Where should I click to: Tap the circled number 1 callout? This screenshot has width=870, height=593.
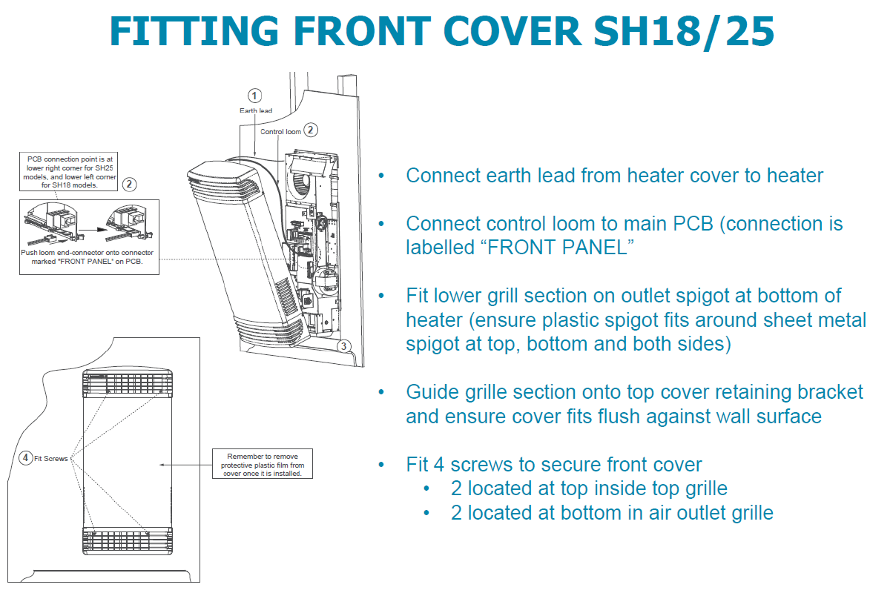click(255, 96)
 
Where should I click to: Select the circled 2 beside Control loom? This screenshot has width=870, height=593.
click(312, 130)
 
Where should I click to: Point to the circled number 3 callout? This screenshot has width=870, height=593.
click(343, 345)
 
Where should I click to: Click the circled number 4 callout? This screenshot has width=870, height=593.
click(26, 458)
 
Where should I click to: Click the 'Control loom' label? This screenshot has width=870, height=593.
click(280, 132)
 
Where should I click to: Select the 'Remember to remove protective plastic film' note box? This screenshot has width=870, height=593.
click(262, 463)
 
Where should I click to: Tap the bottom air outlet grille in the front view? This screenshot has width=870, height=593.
click(128, 539)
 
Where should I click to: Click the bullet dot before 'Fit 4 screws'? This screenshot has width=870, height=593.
click(381, 465)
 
